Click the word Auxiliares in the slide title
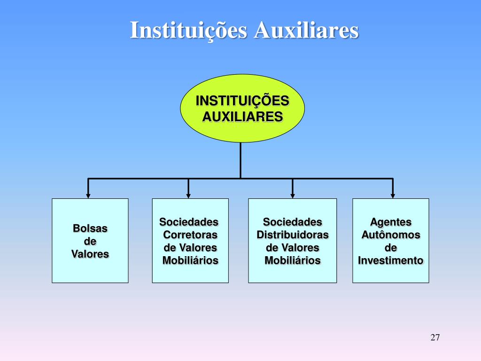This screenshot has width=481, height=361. point(306,31)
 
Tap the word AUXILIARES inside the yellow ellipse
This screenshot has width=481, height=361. point(242,116)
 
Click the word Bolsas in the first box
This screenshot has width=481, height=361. point(90,228)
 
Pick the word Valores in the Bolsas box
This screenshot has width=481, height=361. point(90,254)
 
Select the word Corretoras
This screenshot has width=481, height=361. point(190,235)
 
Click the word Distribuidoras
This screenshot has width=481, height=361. point(292,235)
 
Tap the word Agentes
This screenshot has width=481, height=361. point(390,222)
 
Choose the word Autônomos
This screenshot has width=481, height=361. point(390,235)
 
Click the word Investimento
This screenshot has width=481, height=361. point(390,260)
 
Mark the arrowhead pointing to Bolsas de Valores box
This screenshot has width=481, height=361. point(88,194)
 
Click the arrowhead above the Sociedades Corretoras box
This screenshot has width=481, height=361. point(188,194)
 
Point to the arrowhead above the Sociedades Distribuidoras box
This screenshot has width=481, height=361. point(292,194)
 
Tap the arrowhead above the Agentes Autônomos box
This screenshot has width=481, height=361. point(393,194)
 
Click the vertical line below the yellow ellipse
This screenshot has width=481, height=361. point(240,160)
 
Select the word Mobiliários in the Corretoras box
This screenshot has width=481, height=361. point(190,260)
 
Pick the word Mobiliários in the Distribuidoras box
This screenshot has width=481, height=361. point(292,260)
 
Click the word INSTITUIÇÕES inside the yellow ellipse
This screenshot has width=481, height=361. point(242,101)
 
